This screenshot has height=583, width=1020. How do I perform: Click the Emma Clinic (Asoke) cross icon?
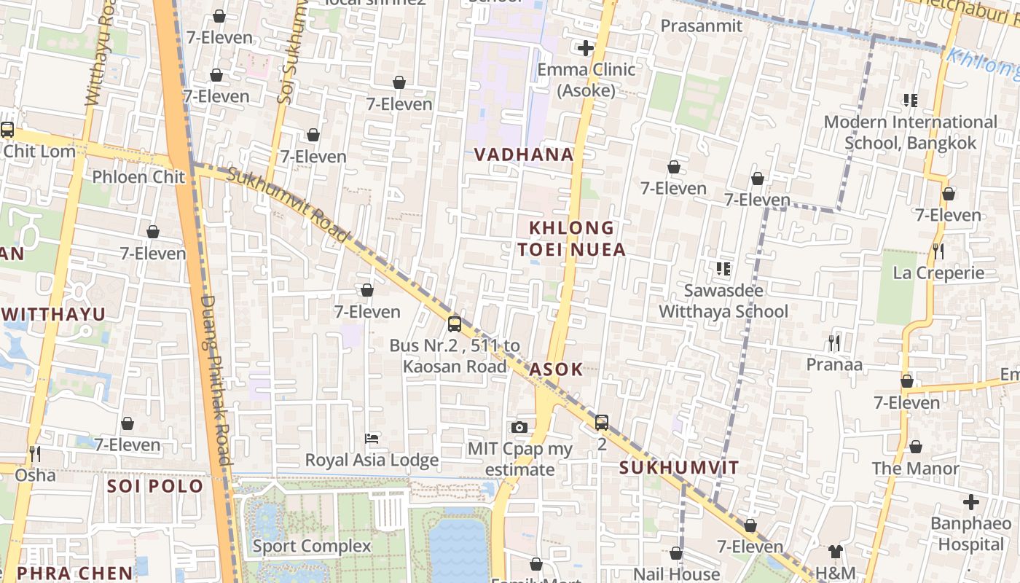point(585,49)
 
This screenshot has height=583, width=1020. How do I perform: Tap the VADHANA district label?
point(524,154)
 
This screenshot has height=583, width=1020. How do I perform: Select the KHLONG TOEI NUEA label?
point(571,239)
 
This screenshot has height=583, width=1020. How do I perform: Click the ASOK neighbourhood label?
point(556,369)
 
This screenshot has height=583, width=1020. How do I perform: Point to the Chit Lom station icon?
point(7,130)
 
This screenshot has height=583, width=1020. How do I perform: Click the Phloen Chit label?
point(138,177)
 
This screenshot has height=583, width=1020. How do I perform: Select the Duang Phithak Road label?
point(217,379)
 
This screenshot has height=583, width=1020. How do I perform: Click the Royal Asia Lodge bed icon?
point(372,439)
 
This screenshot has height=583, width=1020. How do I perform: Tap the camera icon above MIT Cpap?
point(519,427)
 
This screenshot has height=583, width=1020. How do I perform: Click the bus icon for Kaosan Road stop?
point(454,324)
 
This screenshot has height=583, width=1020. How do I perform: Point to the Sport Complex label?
point(311,546)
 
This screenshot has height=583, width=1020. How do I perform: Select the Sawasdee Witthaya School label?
point(723,301)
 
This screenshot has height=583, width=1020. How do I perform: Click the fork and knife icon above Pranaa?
point(834,343)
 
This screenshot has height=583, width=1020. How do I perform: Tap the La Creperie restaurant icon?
point(938,251)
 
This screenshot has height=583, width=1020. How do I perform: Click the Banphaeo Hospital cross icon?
point(970,502)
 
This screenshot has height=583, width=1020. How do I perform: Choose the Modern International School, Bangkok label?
point(910,132)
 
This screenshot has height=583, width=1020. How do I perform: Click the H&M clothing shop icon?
point(835,552)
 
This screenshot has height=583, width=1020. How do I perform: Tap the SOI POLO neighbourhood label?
point(155,486)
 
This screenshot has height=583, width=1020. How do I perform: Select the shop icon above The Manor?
point(915,447)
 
